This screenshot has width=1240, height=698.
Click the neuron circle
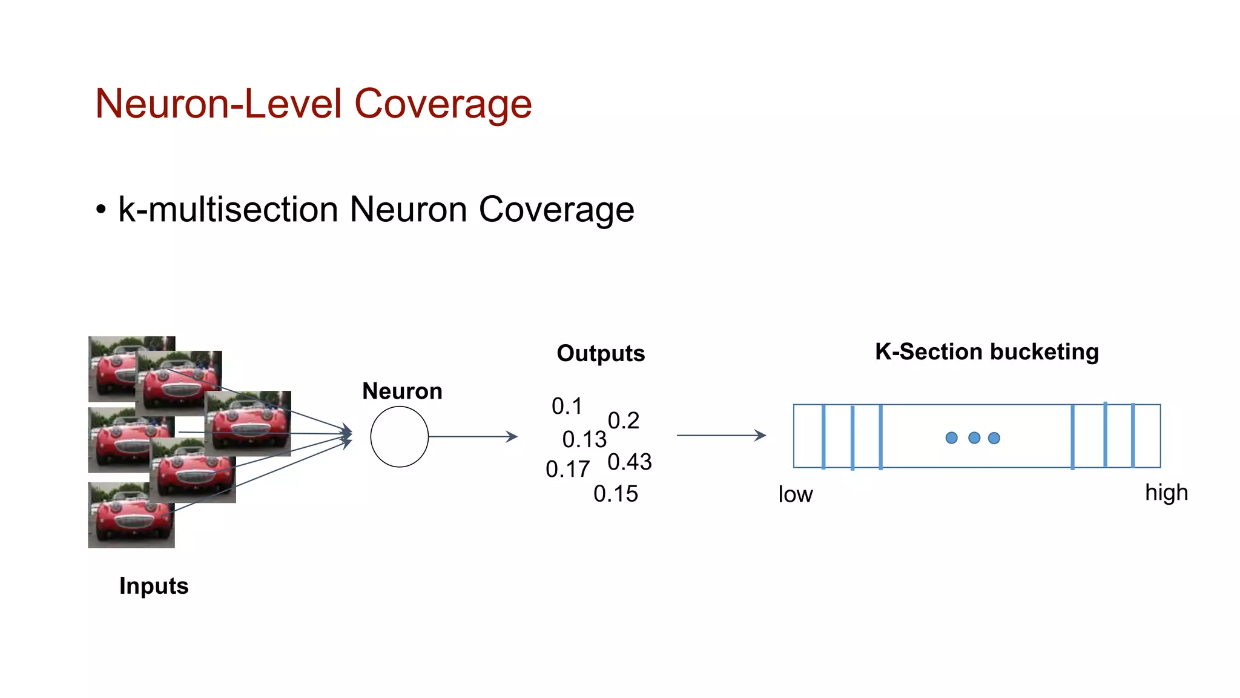tap(399, 436)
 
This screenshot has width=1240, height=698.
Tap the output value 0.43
tap(629, 462)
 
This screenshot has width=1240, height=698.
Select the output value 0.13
tap(584, 439)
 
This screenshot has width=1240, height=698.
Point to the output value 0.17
tap(567, 469)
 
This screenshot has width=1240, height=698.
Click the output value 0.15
tap(615, 494)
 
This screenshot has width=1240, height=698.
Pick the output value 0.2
tap(623, 420)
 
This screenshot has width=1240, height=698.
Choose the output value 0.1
tap(567, 406)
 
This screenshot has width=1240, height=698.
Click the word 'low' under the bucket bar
tap(795, 494)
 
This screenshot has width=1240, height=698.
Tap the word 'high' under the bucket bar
tap(1166, 493)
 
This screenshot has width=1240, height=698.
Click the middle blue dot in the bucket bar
tap(974, 437)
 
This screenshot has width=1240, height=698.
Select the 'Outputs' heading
tap(601, 353)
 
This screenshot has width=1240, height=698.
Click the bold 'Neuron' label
tap(402, 391)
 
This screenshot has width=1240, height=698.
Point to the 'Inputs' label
tap(154, 586)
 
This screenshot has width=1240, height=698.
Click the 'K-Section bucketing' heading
tap(986, 351)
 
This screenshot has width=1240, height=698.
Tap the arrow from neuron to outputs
tap(472, 436)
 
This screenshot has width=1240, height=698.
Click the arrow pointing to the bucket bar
tap(721, 435)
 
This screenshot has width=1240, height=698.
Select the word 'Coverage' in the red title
tap(443, 104)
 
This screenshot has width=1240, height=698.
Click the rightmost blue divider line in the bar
tap(1132, 436)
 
